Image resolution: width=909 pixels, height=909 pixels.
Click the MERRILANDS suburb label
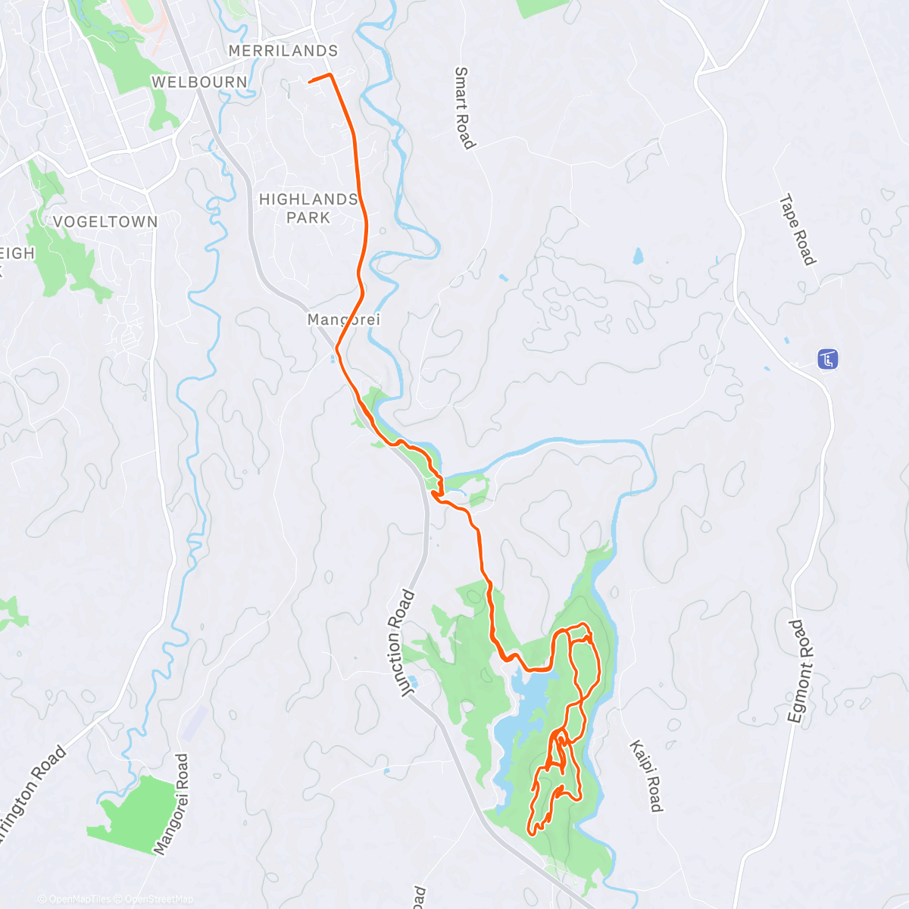tap(283, 51)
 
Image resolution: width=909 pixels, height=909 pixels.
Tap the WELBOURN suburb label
tap(199, 82)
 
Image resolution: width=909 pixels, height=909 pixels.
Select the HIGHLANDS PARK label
tap(308, 208)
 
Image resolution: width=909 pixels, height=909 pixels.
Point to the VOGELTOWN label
tap(105, 222)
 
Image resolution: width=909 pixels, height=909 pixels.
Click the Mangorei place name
tap(343, 320)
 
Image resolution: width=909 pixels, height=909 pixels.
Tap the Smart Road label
tap(464, 108)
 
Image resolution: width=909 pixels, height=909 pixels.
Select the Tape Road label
tap(798, 230)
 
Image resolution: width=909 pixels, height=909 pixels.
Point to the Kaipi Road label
tap(645, 776)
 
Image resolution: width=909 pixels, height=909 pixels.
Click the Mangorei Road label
tap(172, 804)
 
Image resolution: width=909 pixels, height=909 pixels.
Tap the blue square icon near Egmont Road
tap(827, 359)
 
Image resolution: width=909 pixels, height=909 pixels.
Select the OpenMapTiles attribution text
tap(80, 899)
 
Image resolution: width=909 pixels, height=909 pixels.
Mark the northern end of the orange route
tap(311, 80)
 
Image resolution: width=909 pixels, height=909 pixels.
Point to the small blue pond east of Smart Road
tap(638, 255)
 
